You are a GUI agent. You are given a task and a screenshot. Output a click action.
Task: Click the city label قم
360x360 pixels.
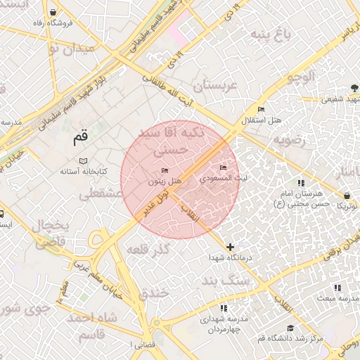click(82, 139)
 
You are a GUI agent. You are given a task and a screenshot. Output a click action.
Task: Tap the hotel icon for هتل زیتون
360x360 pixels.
click(165, 170)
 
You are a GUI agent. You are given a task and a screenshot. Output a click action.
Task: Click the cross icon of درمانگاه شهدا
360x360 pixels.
click(231, 247)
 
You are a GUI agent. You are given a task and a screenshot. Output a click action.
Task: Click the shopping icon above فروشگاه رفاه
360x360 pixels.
click(54, 13)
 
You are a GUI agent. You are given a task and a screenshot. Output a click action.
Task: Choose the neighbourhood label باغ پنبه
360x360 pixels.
click(272, 34)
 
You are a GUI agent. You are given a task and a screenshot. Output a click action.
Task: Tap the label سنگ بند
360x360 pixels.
click(226, 281)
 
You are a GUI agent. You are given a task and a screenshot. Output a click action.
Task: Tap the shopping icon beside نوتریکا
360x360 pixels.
click(347, 195)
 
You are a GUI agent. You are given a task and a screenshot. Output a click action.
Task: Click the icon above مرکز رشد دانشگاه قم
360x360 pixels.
click(290, 328)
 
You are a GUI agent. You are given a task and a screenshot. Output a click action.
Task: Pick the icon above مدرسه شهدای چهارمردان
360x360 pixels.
click(224, 308)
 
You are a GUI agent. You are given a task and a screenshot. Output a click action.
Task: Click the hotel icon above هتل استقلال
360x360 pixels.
click(261, 110)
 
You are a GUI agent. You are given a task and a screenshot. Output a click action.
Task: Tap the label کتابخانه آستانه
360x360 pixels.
click(83, 172)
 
